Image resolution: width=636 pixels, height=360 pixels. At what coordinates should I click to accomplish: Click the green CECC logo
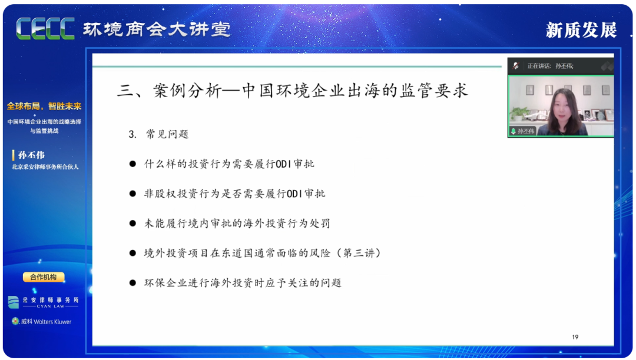pyautogui.click(x=45, y=29)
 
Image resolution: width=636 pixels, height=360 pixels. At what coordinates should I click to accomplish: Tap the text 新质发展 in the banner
pyautogui.click(x=581, y=30)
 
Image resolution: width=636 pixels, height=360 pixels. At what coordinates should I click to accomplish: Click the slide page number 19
pyautogui.click(x=575, y=337)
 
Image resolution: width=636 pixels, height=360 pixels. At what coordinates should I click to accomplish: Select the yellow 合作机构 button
pyautogui.click(x=44, y=277)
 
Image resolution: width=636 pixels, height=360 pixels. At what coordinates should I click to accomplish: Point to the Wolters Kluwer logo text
pyautogui.click(x=42, y=322)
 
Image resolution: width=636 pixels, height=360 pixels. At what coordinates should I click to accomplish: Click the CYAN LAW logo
pyautogui.click(x=44, y=302)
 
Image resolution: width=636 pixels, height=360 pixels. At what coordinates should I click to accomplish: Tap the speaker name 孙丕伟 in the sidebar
pyautogui.click(x=31, y=155)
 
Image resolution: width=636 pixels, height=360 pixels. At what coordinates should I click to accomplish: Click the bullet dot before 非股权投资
pyautogui.click(x=132, y=194)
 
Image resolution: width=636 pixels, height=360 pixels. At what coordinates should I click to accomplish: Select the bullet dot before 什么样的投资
pyautogui.click(x=132, y=164)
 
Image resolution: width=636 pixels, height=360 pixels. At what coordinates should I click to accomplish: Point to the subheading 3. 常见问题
pyautogui.click(x=158, y=134)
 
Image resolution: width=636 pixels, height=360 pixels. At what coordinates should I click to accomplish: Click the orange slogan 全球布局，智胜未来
pyautogui.click(x=44, y=106)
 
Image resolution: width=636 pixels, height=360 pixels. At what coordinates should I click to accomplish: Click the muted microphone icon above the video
pyautogui.click(x=516, y=66)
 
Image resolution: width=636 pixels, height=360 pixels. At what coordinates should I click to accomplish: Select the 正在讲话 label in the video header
pyautogui.click(x=538, y=66)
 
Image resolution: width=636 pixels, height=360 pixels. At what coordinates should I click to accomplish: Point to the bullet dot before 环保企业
pyautogui.click(x=132, y=283)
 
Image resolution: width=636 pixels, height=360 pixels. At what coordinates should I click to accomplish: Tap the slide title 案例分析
pyautogui.click(x=187, y=91)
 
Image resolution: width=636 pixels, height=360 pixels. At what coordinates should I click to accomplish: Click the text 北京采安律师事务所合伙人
pyautogui.click(x=45, y=167)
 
